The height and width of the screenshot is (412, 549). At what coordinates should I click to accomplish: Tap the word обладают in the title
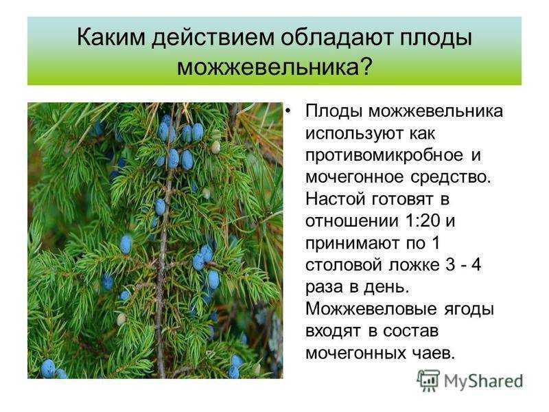(x=337, y=38)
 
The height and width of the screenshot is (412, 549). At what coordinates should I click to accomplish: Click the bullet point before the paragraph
(x=288, y=112)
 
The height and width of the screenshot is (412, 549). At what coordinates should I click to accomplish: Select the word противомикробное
(x=384, y=156)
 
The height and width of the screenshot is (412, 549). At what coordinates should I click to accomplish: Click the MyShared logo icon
(x=428, y=380)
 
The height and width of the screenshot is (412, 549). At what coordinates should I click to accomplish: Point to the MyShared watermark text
(x=483, y=381)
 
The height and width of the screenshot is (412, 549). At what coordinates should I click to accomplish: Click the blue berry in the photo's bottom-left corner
(x=48, y=368)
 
